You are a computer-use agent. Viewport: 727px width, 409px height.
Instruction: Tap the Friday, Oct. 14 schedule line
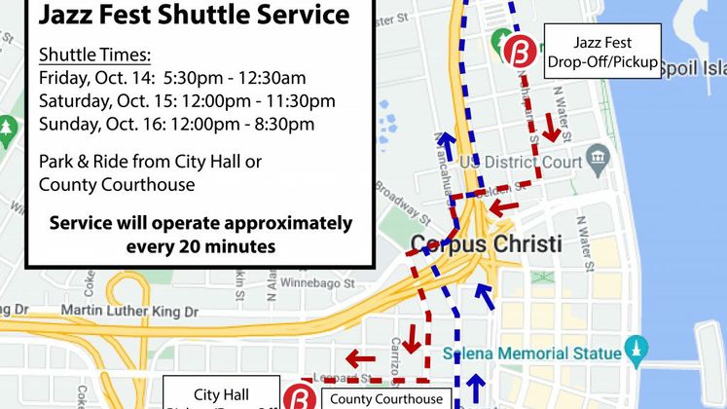point(186,77)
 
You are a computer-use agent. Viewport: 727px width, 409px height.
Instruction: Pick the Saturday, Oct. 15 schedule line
point(187,100)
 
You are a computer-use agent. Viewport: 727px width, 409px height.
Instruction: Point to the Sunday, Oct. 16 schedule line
point(176,124)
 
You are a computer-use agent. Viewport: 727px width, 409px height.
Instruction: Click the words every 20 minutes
point(200,246)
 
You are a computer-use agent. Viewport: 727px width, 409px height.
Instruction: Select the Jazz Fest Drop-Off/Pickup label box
point(602,54)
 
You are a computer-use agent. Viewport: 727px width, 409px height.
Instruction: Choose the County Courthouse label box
point(385,398)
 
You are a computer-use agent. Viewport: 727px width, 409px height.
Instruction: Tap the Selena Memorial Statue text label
point(530,352)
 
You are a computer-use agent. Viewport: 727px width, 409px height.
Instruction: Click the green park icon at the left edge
point(8,128)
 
